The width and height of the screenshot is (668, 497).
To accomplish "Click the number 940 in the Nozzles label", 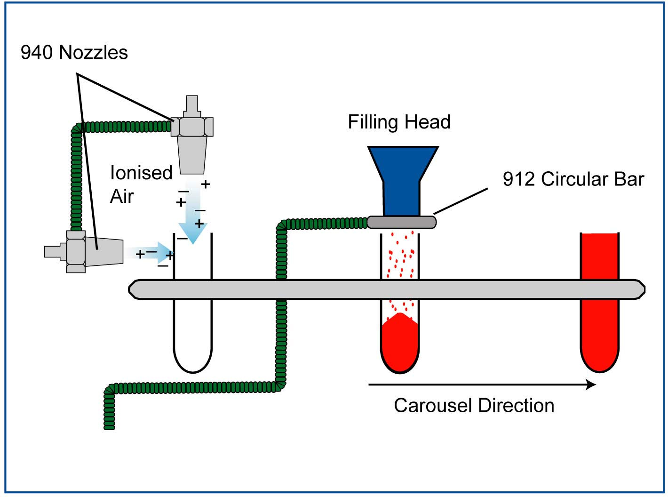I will tap(37, 52).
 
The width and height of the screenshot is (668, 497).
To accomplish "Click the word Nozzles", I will tap(94, 52).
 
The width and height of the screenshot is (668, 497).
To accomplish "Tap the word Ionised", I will tap(141, 173).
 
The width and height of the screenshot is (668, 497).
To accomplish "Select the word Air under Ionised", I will tap(122, 196).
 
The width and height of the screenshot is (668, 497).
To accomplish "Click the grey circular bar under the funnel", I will tap(401, 222).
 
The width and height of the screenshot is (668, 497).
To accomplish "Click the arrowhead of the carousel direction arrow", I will tap(591, 385).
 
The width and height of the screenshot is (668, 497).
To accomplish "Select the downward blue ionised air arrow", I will tap(192, 221).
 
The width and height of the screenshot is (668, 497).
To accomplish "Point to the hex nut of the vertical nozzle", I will tap(192, 127).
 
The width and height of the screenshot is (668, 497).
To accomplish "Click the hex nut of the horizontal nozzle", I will tap(76, 251).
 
